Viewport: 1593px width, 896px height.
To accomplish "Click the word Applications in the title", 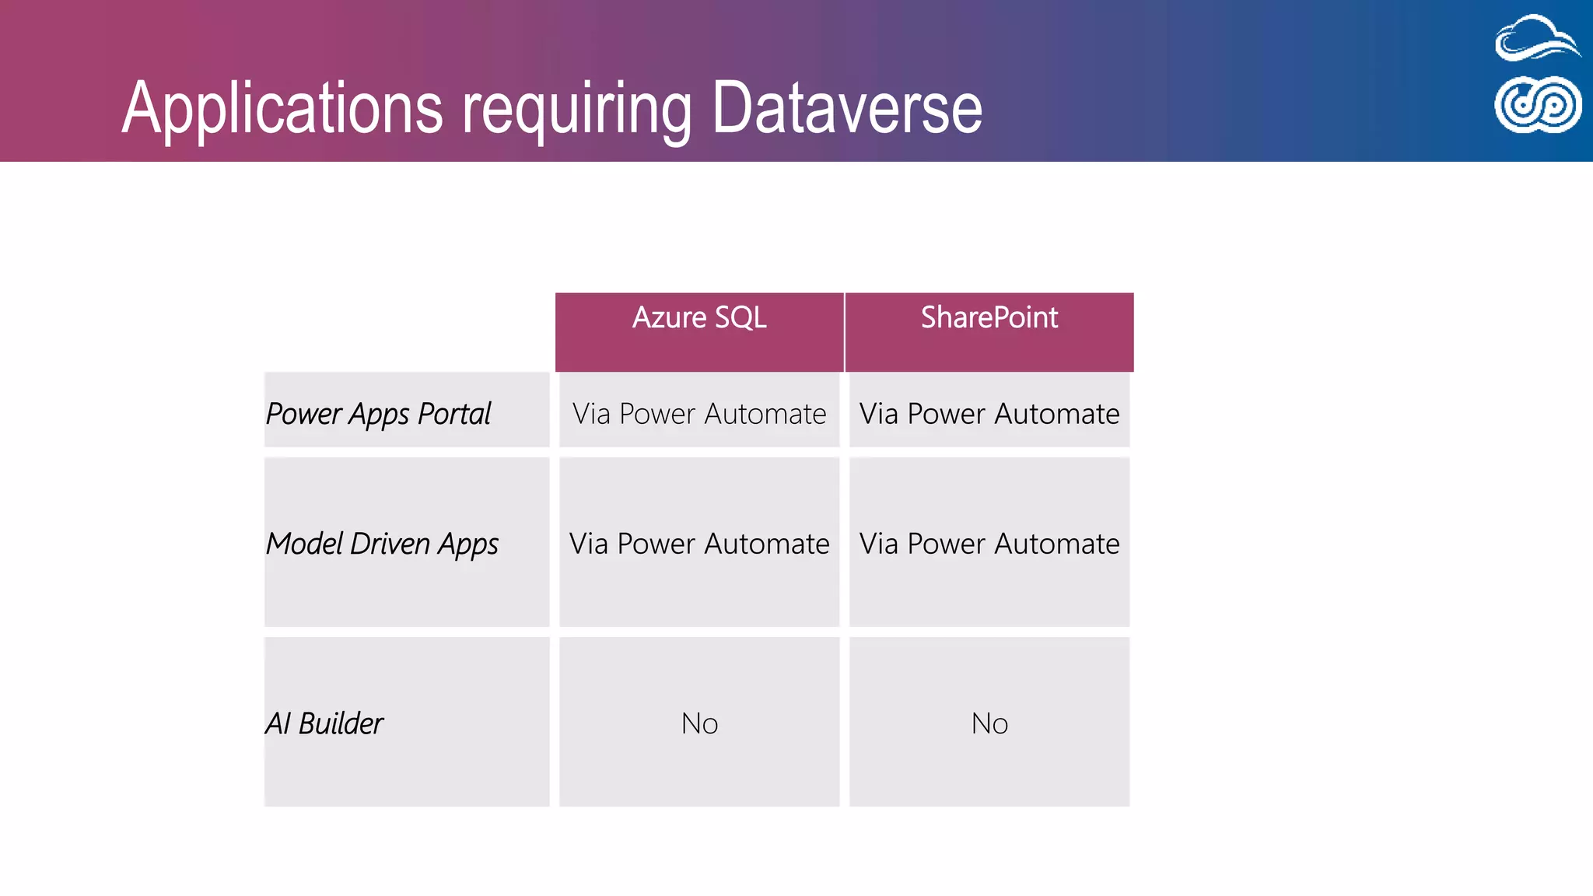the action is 282,109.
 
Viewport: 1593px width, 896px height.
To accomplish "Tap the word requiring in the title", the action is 576,109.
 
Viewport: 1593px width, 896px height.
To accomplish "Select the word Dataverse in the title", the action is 847,109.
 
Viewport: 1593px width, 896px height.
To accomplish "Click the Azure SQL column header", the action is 699,318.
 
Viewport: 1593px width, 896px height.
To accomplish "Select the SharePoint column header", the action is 989,318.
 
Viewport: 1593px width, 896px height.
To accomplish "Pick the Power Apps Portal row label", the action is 379,414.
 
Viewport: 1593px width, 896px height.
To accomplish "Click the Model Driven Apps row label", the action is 382,544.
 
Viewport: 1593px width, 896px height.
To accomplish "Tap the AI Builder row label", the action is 324,724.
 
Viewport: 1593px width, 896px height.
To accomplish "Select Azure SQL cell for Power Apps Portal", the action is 699,414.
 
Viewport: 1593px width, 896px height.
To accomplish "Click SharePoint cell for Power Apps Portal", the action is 989,414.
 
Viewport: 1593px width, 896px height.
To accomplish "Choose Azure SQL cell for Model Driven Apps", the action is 699,544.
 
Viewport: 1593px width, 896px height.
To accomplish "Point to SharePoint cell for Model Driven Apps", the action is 989,544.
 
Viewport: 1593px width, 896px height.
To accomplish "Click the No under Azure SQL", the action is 699,724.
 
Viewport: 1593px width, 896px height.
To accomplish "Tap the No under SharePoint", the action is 989,724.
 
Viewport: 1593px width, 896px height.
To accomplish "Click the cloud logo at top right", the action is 1537,39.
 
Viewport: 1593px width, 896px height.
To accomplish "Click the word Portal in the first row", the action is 454,414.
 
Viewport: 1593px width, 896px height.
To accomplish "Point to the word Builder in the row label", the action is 341,724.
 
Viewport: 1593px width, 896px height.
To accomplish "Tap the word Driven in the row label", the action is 390,544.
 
